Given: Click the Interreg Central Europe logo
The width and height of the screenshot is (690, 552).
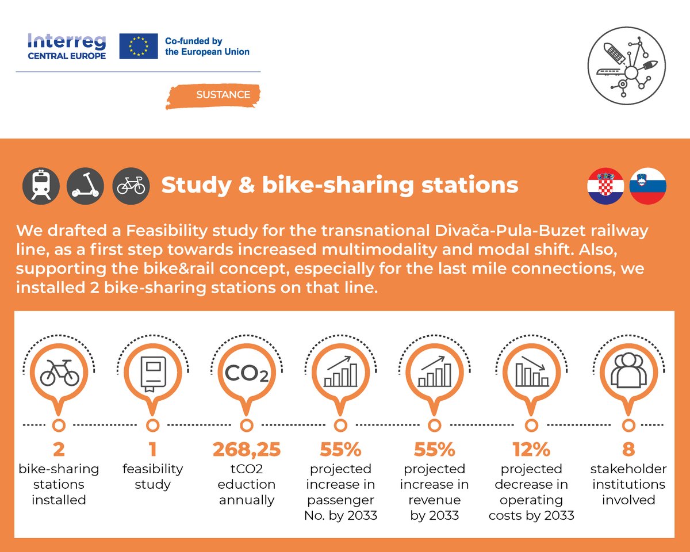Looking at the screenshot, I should click(67, 47).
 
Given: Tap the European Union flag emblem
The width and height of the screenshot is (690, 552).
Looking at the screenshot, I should click(138, 46).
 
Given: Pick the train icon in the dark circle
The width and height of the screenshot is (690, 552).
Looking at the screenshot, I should click(41, 186).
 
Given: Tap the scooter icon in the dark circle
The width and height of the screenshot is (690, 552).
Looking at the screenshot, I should click(86, 186).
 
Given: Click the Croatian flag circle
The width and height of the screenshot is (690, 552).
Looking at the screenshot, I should click(605, 186).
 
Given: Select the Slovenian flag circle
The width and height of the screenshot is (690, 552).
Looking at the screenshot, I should click(648, 186).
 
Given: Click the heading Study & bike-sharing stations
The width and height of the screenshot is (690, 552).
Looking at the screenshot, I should click(339, 185).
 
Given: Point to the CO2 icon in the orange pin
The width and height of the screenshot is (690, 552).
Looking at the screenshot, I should click(246, 374).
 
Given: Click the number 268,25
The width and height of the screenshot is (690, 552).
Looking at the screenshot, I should click(246, 449).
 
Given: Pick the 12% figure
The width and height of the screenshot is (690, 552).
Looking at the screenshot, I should click(531, 449).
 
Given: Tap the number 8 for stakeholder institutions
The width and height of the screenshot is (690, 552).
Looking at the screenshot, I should click(627, 449).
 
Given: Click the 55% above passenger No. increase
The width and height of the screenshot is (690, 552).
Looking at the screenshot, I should click(340, 449).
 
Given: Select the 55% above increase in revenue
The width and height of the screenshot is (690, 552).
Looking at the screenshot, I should click(435, 449).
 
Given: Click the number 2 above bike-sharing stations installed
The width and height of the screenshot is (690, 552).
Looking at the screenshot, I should click(58, 449).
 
